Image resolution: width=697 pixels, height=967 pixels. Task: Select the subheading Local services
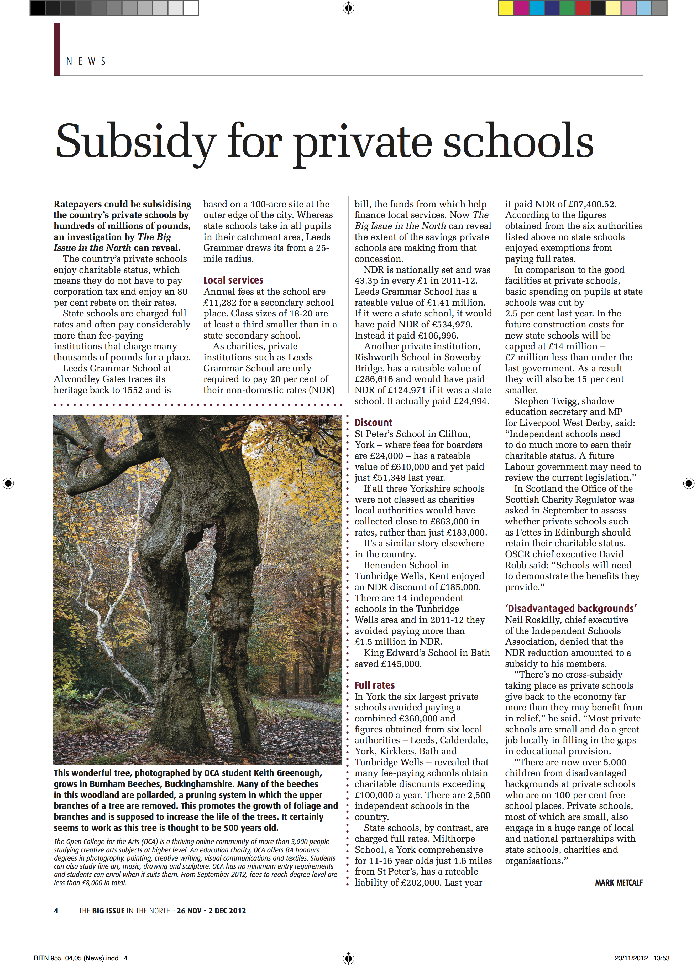point(233,280)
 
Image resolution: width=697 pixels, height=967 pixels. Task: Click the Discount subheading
point(373,423)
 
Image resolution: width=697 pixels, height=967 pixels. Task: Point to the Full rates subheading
point(374,685)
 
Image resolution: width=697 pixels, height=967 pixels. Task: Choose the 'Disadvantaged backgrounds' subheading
point(571,609)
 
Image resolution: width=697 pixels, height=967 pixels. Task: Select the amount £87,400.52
point(591,204)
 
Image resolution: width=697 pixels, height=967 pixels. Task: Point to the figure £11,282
point(221,303)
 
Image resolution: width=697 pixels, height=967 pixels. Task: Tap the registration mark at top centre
point(348,8)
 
